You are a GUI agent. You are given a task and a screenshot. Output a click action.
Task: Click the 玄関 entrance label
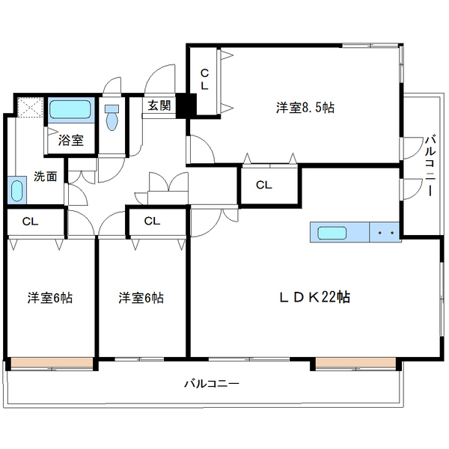click(159, 105)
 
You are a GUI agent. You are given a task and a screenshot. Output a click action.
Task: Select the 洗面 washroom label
click(46, 177)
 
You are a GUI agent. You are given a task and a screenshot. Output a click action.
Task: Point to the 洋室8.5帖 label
click(305, 108)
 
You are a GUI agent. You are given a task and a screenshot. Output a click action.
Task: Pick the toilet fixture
click(112, 117)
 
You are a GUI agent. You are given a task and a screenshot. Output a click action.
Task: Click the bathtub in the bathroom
click(71, 112)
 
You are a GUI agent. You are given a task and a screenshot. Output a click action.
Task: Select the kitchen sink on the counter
click(331, 233)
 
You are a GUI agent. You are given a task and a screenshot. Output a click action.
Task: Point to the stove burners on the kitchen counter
click(387, 233)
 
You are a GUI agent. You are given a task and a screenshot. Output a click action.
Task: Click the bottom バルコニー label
click(212, 384)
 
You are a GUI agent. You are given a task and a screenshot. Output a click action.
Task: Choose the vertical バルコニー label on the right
click(430, 165)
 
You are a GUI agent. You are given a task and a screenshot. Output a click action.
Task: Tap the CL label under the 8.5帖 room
click(263, 184)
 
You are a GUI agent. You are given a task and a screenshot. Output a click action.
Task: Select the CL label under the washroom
click(30, 222)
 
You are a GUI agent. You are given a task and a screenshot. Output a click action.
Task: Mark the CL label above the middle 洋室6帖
click(152, 222)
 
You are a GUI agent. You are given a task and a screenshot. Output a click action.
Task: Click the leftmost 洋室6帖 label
click(50, 298)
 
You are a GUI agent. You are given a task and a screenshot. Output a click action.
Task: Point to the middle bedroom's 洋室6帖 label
click(140, 298)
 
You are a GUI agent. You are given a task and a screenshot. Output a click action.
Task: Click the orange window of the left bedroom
click(52, 364)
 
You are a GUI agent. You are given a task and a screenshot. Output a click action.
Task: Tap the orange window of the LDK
click(354, 364)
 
